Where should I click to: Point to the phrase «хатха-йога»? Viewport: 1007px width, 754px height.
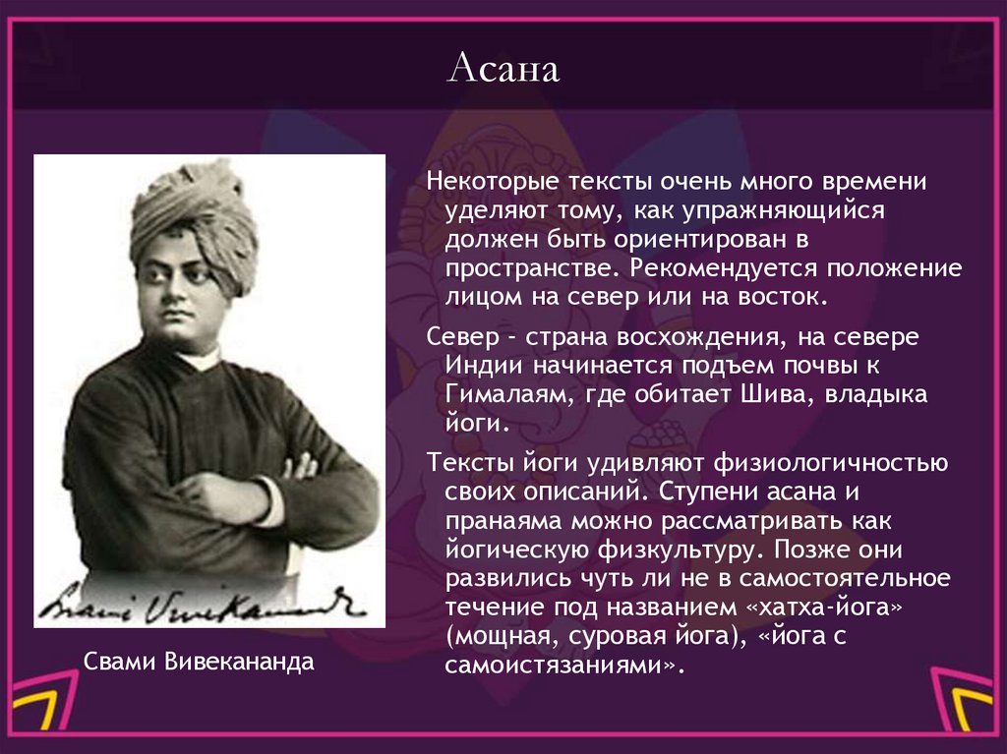(827, 607)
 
